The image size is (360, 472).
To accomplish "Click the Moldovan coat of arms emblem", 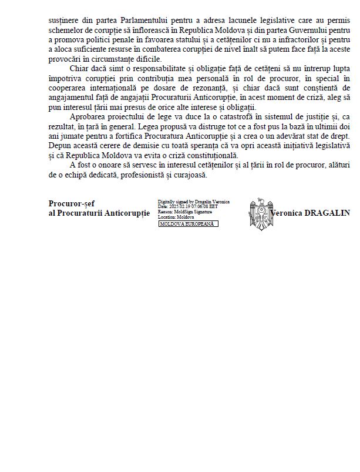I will [x=261, y=213].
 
